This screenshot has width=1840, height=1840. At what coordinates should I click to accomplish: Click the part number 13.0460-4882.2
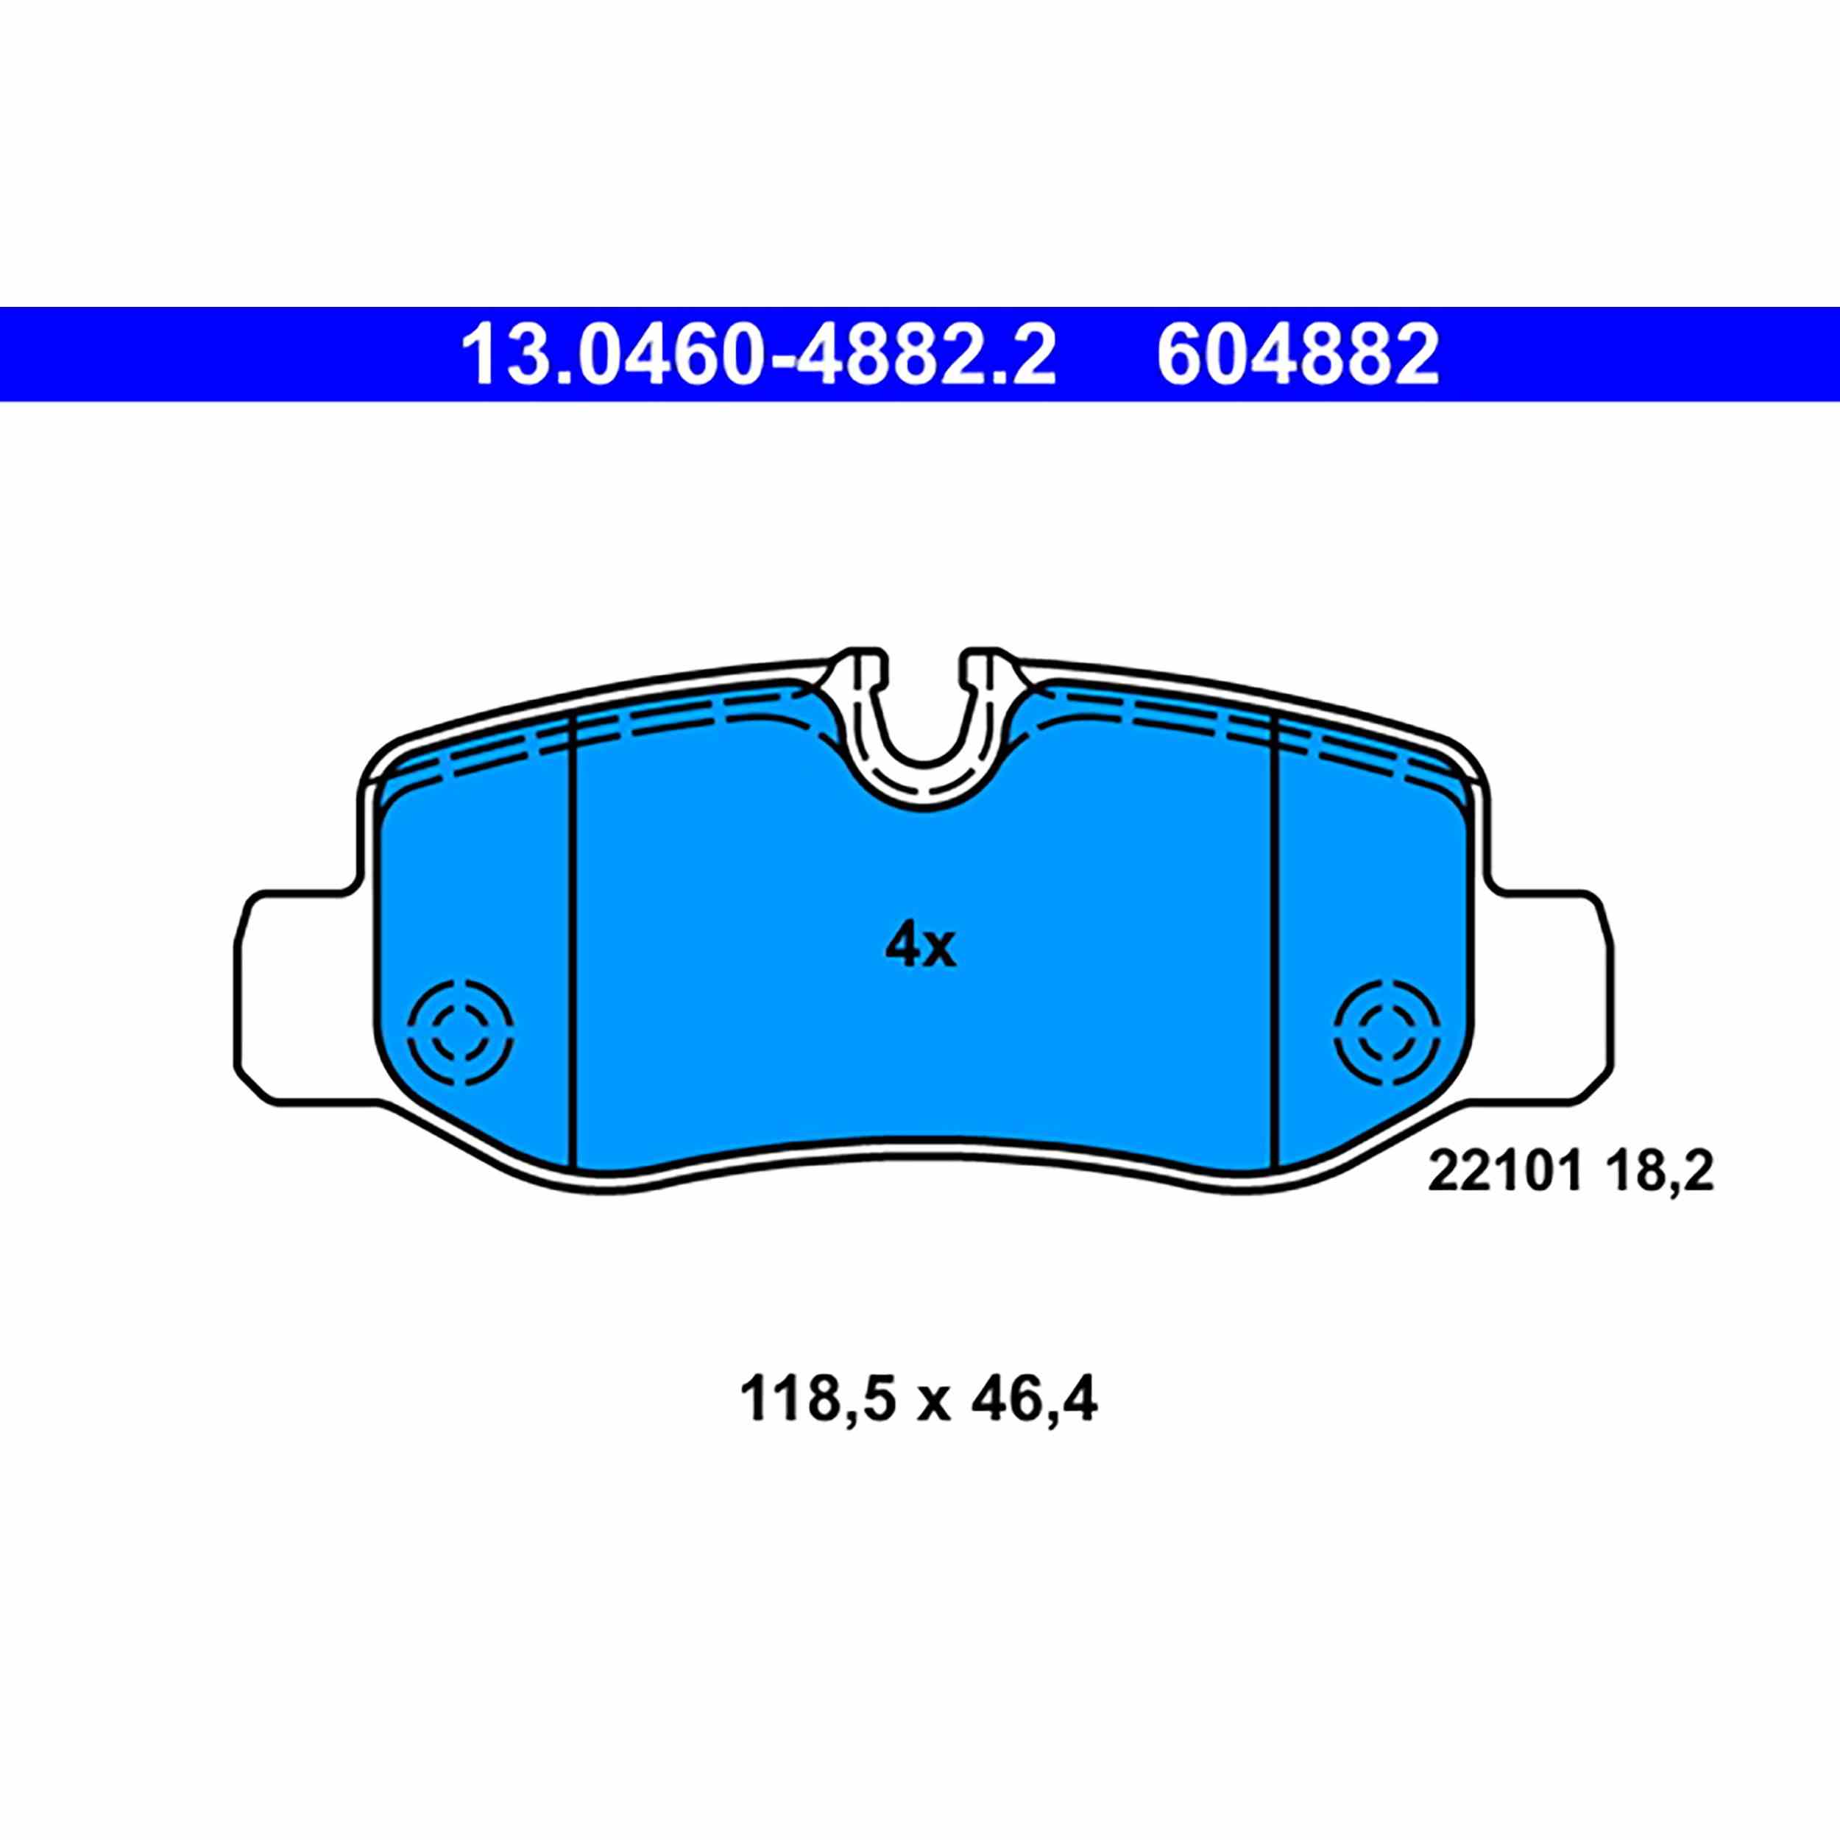[x=758, y=354]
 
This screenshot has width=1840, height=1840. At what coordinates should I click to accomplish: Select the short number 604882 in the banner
[x=1297, y=354]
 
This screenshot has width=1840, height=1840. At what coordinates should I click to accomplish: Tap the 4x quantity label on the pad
[x=919, y=946]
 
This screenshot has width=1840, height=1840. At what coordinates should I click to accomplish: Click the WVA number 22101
[x=1504, y=1173]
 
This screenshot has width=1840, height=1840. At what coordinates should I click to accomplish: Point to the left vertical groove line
[x=573, y=943]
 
